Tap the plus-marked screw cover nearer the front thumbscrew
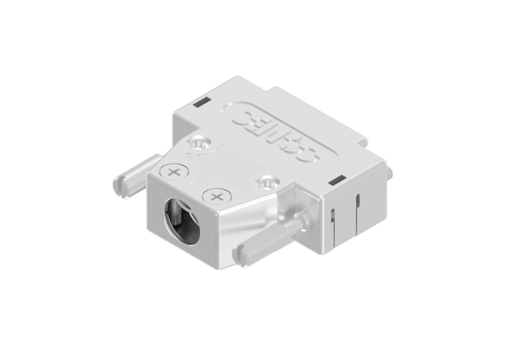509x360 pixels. tap(216, 195)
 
